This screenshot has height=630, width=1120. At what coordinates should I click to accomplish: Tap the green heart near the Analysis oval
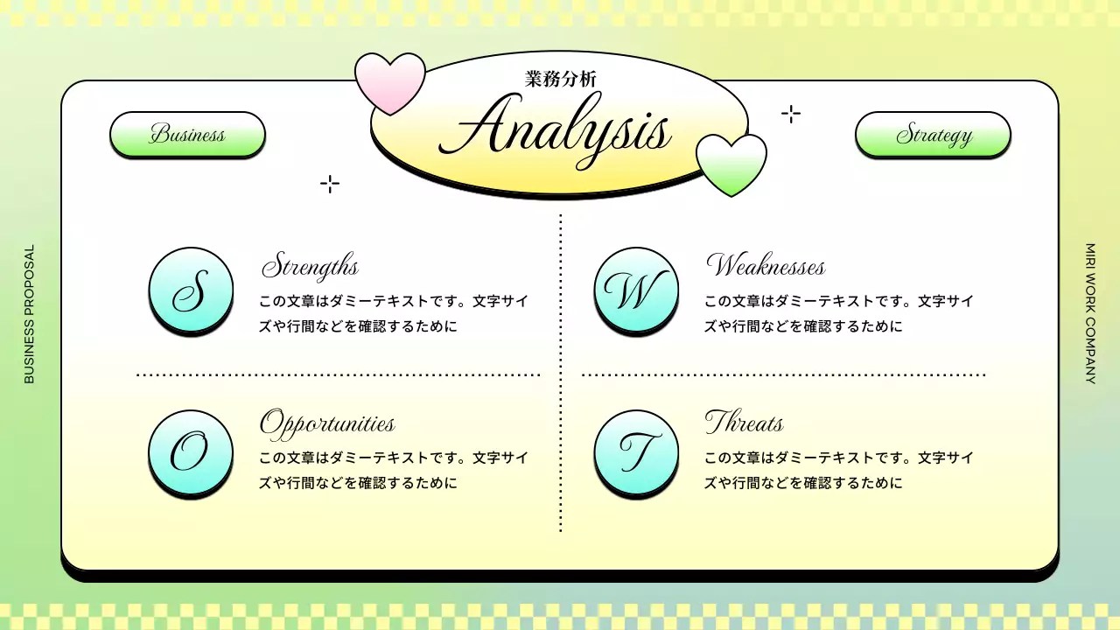pos(731,164)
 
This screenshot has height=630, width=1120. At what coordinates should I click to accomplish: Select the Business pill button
pos(187,135)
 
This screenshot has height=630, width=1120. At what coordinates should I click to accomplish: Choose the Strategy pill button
pos(933,135)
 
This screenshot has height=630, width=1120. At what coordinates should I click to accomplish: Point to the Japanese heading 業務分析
pos(561,78)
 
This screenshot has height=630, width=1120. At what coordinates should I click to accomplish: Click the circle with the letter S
pos(192,290)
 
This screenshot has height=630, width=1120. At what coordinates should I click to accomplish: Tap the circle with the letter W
pos(636,290)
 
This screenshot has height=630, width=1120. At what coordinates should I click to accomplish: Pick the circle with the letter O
pos(191,452)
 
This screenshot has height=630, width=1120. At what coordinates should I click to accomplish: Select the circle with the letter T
pos(636,452)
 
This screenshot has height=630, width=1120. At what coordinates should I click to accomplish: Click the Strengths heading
pos(311,265)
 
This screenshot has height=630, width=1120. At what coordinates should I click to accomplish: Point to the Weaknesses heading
pos(765,265)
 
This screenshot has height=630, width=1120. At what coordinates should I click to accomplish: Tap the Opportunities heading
pos(327,423)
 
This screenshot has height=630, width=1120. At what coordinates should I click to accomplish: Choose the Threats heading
pos(744,423)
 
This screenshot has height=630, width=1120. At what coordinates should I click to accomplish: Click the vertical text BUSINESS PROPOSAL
pos(30,314)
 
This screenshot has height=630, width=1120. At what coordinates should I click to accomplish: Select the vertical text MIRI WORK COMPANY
pos(1090,314)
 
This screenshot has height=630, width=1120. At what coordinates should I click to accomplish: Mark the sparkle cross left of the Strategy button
pos(790,114)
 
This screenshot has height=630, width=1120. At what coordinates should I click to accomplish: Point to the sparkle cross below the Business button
pos(330,184)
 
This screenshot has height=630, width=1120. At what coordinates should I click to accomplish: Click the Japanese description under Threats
pos(838,470)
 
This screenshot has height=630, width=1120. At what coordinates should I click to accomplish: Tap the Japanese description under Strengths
pos(394,313)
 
